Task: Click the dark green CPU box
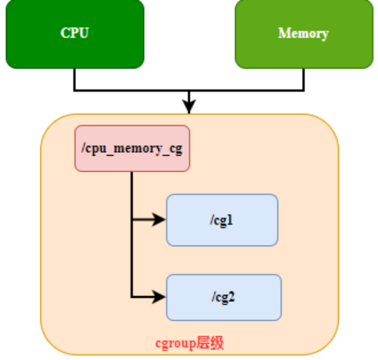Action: click(75, 34)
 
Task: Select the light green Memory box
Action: click(304, 34)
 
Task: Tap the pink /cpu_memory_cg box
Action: click(132, 148)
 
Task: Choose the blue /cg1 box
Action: click(222, 220)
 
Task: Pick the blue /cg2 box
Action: click(224, 297)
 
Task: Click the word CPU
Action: click(75, 33)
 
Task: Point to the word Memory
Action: click(303, 34)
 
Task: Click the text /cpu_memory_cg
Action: click(132, 149)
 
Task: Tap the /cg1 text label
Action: click(221, 221)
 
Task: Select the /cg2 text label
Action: click(223, 297)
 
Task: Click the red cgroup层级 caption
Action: click(189, 343)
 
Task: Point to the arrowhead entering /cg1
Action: click(160, 219)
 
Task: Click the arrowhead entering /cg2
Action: click(160, 297)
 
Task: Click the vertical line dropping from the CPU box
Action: click(75, 79)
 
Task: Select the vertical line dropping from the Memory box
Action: click(303, 79)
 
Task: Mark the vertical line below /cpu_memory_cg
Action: click(131, 235)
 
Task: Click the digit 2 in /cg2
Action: click(231, 297)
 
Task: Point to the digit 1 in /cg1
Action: click(230, 219)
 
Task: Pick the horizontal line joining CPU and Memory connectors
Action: click(189, 90)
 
